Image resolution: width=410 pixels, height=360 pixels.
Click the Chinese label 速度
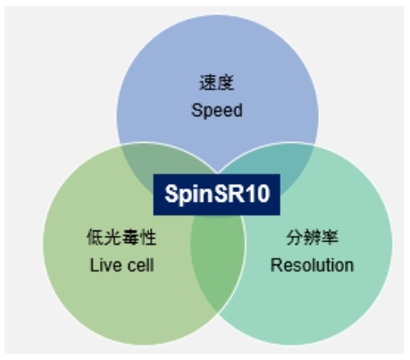[x=217, y=82]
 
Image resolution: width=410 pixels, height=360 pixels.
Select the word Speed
[x=217, y=111]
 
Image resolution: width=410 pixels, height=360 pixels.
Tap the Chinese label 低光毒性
[x=121, y=237]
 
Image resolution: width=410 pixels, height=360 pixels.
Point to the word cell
[x=140, y=265]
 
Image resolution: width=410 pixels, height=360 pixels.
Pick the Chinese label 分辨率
[x=312, y=237]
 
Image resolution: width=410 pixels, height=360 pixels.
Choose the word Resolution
[x=312, y=265]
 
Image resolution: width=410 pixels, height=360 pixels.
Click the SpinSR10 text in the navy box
[x=217, y=194]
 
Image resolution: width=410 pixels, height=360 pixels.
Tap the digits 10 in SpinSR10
[x=259, y=194]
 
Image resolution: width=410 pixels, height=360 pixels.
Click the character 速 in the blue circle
[x=208, y=82]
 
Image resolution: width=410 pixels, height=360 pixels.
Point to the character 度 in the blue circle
[x=226, y=82]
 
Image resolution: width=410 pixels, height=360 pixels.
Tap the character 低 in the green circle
[x=96, y=237]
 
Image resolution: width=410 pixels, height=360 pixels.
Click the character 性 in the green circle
[x=148, y=237]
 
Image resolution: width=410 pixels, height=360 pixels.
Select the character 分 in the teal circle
[x=295, y=237]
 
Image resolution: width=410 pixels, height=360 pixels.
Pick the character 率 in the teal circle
[x=330, y=237]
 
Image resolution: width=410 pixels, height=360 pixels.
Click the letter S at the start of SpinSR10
[x=172, y=194]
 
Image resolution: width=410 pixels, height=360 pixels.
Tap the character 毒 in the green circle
[x=130, y=237]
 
